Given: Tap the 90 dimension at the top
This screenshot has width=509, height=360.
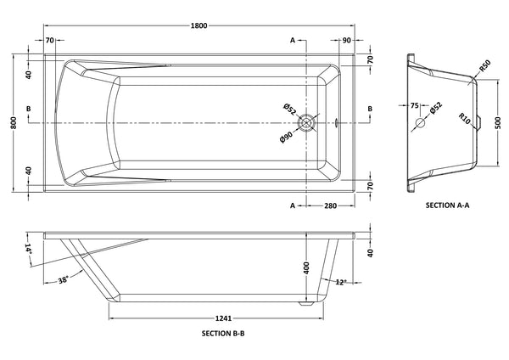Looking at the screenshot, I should (x=347, y=40).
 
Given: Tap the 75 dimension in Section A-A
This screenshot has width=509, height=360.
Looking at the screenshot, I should (x=414, y=107).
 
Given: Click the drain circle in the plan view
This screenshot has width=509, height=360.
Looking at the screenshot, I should (x=313, y=122).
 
